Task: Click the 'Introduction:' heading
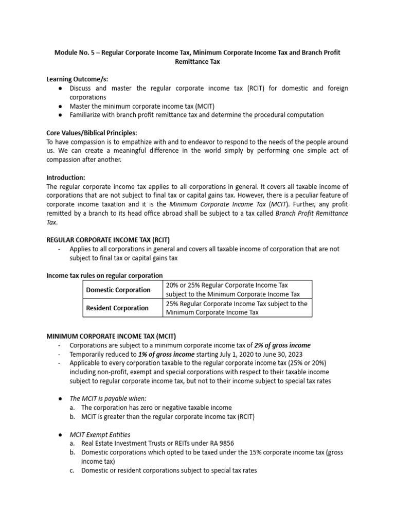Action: [x=66, y=177]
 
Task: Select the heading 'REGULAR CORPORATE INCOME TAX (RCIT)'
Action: [x=108, y=240]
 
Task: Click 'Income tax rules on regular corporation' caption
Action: [x=105, y=275]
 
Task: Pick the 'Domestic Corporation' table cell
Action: [x=118, y=290]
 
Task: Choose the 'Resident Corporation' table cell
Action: [x=117, y=308]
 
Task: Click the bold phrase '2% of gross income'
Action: [x=282, y=345]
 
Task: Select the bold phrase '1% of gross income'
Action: [x=166, y=354]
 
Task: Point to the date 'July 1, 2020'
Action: [x=237, y=354]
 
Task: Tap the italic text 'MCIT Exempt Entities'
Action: [x=100, y=434]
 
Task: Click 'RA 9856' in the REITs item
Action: [x=235, y=443]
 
